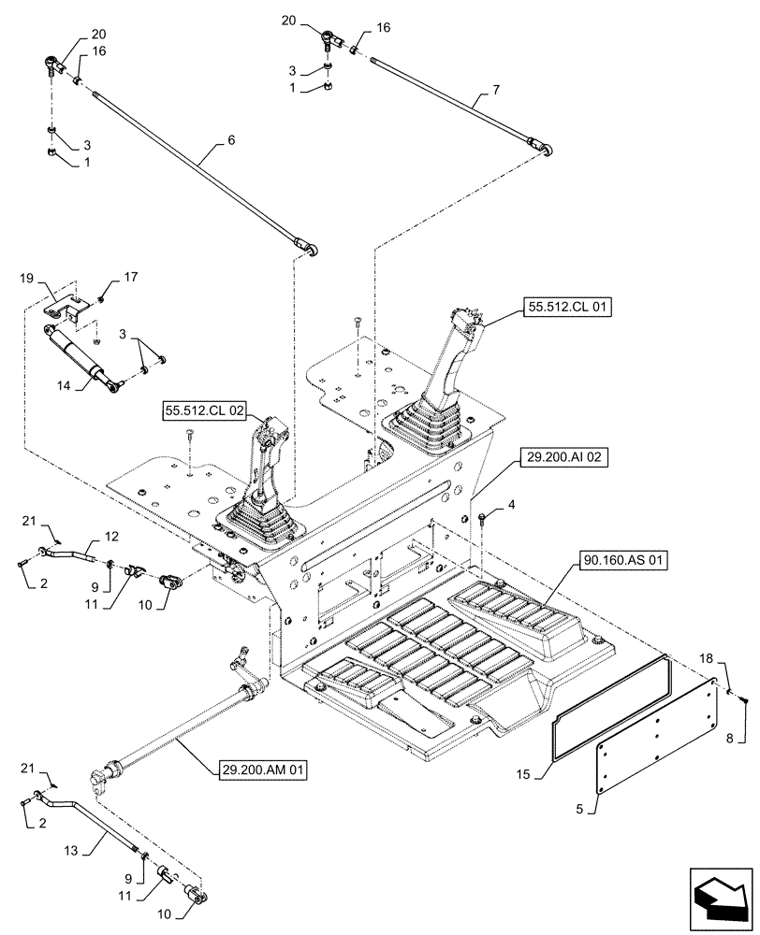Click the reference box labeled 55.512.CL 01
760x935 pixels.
click(x=563, y=307)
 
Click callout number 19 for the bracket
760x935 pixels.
click(x=26, y=279)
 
